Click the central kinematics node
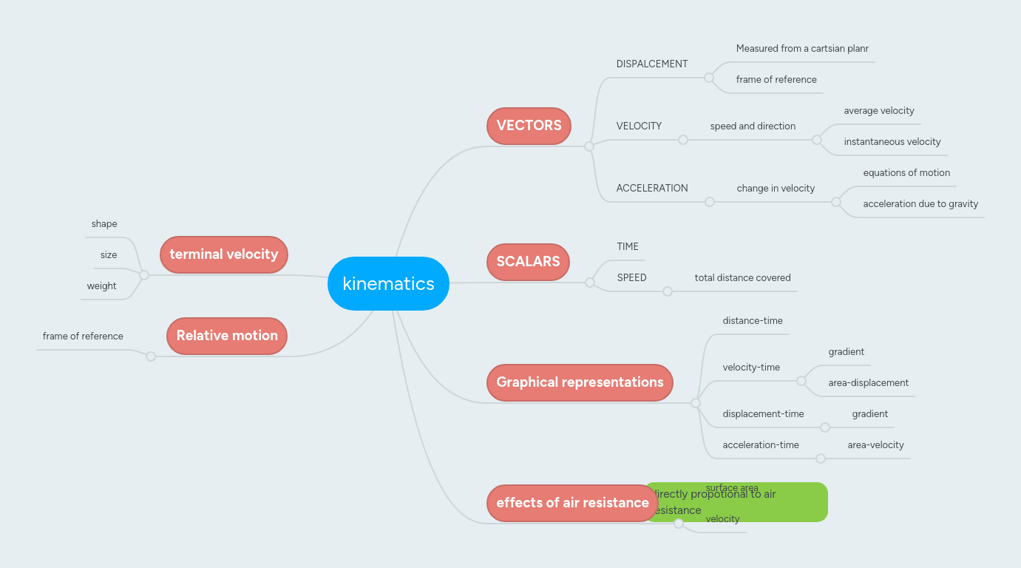[388, 283]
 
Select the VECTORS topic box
[529, 126]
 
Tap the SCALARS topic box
[528, 262]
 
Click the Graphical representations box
[580, 382]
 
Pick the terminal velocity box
[223, 254]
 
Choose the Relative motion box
[227, 336]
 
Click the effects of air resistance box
[572, 503]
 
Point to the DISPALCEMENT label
[652, 64]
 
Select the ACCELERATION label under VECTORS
[652, 189]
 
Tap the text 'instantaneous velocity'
[892, 142]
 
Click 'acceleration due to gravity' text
[920, 204]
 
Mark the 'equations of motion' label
[906, 173]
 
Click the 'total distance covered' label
[742, 278]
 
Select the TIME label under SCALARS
[628, 247]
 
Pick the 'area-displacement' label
[868, 383]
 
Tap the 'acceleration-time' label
[761, 445]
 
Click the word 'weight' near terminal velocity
[101, 286]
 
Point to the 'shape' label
[104, 224]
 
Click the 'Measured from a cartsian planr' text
[802, 49]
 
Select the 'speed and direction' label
[753, 126]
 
